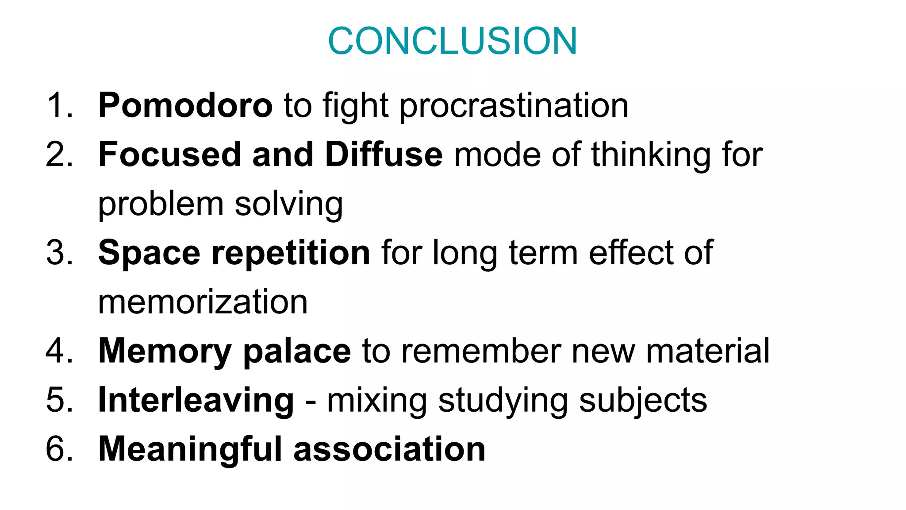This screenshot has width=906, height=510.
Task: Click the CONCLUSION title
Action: pyautogui.click(x=453, y=41)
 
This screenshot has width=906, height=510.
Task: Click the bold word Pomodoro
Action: pyautogui.click(x=185, y=106)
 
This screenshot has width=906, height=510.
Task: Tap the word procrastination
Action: pyautogui.click(x=514, y=107)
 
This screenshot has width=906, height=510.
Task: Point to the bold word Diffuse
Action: pyautogui.click(x=384, y=155)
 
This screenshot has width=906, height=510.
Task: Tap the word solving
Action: pyautogui.click(x=288, y=205)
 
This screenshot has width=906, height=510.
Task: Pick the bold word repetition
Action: pyautogui.click(x=291, y=253)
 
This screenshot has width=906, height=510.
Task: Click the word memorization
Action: pyautogui.click(x=203, y=302)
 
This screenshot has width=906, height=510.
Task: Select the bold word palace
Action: pyautogui.click(x=297, y=351)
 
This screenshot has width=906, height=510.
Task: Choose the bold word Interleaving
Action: pyautogui.click(x=196, y=401)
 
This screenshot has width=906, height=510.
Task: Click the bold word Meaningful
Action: pyautogui.click(x=190, y=449)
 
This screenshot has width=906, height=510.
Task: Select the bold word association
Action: pyautogui.click(x=389, y=449)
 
